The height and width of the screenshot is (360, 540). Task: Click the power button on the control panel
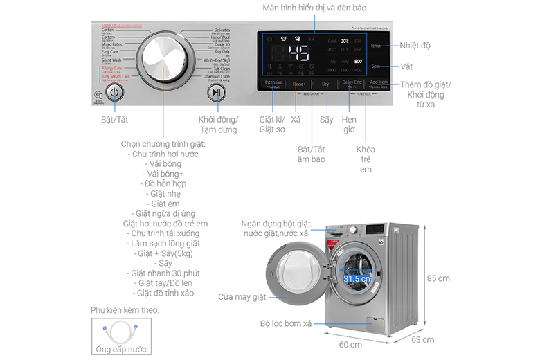click(116, 92)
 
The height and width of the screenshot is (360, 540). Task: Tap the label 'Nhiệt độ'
click(415, 46)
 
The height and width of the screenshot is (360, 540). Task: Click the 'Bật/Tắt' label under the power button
click(115, 120)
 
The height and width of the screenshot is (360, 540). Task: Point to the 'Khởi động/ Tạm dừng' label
click(217, 125)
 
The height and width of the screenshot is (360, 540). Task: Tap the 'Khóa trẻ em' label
click(366, 159)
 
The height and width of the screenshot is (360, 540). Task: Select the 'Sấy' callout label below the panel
click(326, 120)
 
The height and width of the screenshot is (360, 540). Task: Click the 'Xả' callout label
click(296, 120)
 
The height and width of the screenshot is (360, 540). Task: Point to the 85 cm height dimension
click(438, 278)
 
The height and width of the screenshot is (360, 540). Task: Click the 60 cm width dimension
click(350, 345)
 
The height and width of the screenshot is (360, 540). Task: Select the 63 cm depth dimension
click(424, 339)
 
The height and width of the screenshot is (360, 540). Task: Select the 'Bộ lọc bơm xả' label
click(285, 323)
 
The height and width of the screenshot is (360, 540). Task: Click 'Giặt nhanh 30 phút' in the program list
click(165, 273)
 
